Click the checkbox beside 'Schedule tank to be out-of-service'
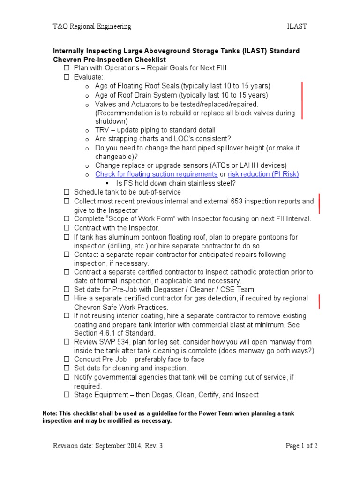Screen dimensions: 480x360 pyautogui.click(x=67, y=192)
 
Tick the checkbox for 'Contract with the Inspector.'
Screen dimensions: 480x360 pyautogui.click(x=67, y=228)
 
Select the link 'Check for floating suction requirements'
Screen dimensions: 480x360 pyautogui.click(x=157, y=174)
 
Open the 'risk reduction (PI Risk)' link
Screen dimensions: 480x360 pyautogui.click(x=263, y=174)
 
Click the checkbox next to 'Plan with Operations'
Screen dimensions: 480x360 pyautogui.click(x=67, y=68)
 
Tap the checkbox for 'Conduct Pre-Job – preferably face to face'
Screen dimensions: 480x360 pyautogui.click(x=67, y=360)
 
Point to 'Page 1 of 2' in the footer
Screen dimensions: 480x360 pyautogui.click(x=301, y=446)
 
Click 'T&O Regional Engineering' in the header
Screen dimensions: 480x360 pyautogui.click(x=91, y=27)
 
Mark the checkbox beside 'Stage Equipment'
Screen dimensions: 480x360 pyautogui.click(x=67, y=395)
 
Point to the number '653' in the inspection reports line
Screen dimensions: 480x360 pyautogui.click(x=237, y=201)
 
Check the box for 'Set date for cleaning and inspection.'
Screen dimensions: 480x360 pyautogui.click(x=67, y=368)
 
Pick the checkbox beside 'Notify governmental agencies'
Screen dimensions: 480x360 pyautogui.click(x=67, y=377)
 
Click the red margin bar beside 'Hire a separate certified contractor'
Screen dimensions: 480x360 pyautogui.click(x=319, y=302)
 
